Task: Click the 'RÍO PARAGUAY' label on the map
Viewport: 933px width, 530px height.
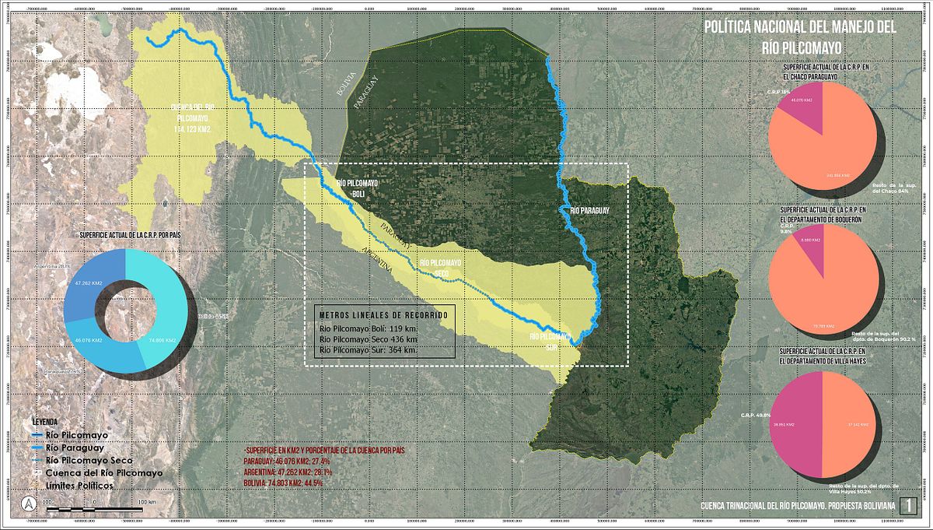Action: click(x=589, y=210)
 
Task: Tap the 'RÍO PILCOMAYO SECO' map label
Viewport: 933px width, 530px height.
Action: click(x=440, y=267)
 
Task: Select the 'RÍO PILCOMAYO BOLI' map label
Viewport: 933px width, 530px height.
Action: click(x=357, y=188)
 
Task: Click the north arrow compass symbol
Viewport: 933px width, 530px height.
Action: click(x=29, y=504)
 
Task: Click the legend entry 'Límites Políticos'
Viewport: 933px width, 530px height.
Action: click(x=82, y=485)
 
